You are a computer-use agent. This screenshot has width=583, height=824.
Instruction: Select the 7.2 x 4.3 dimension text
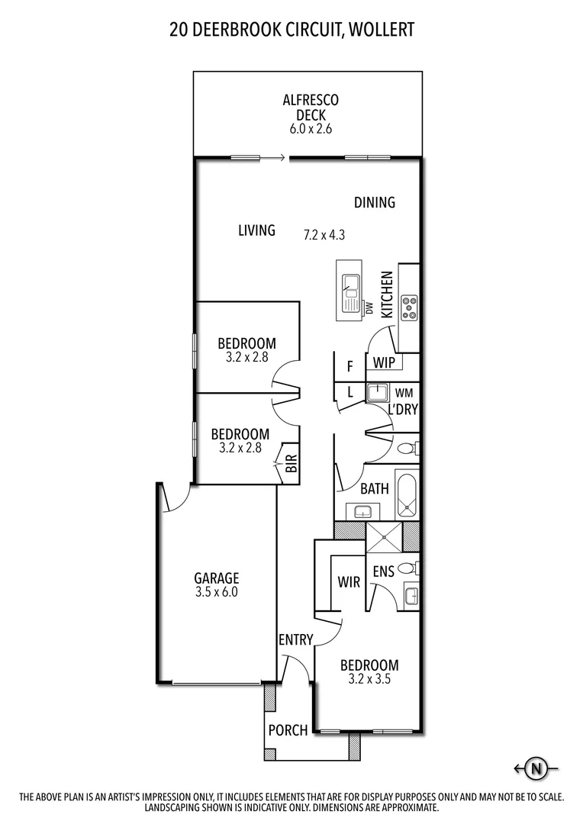point(324,235)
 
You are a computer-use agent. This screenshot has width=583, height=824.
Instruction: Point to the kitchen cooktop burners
point(410,307)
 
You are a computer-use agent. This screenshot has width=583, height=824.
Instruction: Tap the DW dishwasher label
point(369,308)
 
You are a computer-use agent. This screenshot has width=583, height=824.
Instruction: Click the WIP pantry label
point(385,363)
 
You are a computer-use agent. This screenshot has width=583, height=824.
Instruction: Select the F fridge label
point(349,366)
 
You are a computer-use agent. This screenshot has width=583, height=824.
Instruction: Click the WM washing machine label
point(404,393)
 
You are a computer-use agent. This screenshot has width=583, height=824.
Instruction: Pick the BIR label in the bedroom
point(291,464)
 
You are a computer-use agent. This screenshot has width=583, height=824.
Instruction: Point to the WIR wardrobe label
point(349,582)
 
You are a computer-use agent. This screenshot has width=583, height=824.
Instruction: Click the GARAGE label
point(216,578)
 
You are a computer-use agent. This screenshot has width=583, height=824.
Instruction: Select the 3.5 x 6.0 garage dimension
point(216,592)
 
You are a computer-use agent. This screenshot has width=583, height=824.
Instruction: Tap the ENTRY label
point(295,639)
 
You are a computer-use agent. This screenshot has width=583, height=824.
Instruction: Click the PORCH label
point(288,730)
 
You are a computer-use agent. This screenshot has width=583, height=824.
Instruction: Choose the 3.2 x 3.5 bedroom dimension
point(369,679)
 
